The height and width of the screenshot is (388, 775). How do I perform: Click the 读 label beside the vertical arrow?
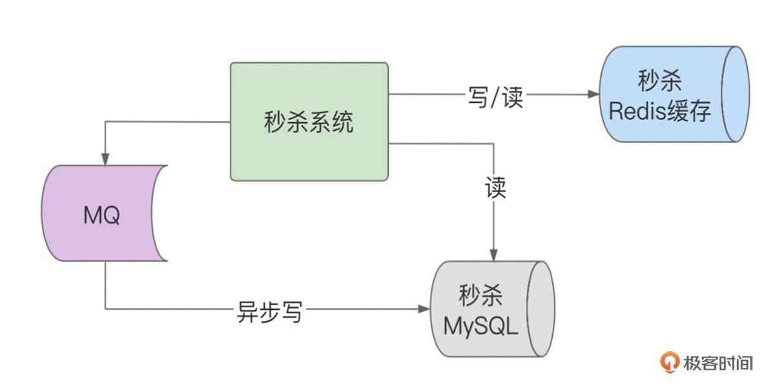click(495, 188)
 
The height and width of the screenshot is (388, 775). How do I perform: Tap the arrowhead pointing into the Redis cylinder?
click(593, 94)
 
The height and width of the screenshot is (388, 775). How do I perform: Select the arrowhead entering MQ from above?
click(105, 160)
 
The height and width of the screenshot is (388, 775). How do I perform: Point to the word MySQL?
click(481, 327)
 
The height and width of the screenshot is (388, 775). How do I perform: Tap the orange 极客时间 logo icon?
click(668, 363)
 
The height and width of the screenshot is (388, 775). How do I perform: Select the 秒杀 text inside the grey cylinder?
click(481, 296)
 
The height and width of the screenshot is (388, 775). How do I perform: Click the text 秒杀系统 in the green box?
click(309, 122)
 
